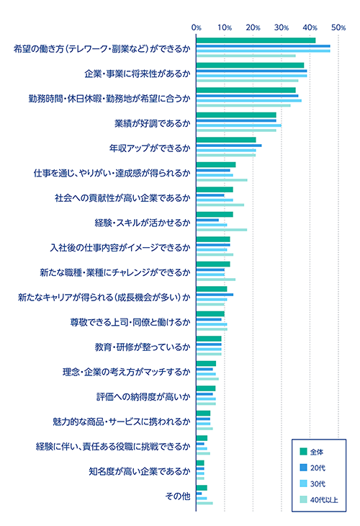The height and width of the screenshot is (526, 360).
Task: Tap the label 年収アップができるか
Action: pos(149,148)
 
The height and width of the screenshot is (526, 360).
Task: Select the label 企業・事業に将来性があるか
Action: pos(136,73)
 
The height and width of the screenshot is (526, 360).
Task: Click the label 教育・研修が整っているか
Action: pos(143,347)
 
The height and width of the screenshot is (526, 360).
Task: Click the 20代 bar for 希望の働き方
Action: pos(263,46)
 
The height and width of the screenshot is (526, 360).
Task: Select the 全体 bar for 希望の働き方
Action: pos(256,40)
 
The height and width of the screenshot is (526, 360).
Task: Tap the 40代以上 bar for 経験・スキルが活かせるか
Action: pos(221,230)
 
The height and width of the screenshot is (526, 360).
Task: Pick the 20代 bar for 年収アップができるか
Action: pos(228,146)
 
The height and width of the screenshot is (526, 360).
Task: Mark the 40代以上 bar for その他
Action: pos(204,503)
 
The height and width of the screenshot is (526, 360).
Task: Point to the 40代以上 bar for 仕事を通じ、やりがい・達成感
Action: pos(221,180)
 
